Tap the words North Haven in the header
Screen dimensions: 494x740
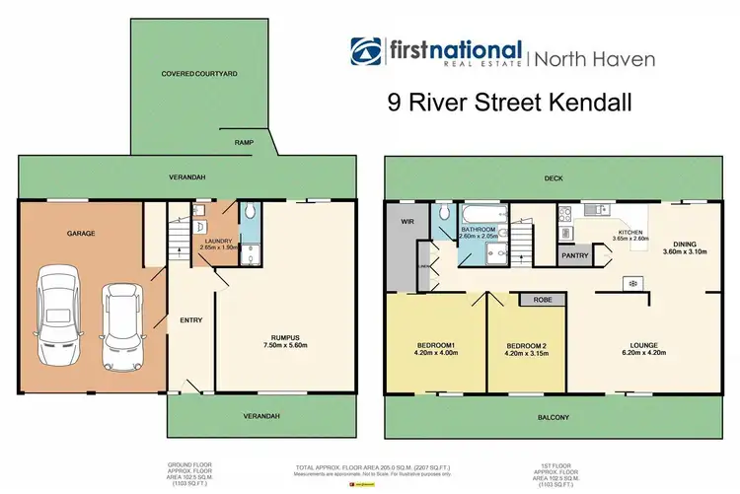coord(592,59)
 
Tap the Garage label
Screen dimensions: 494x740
coord(80,236)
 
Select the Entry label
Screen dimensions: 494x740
coord(190,319)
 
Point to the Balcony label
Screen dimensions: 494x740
coord(554,417)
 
